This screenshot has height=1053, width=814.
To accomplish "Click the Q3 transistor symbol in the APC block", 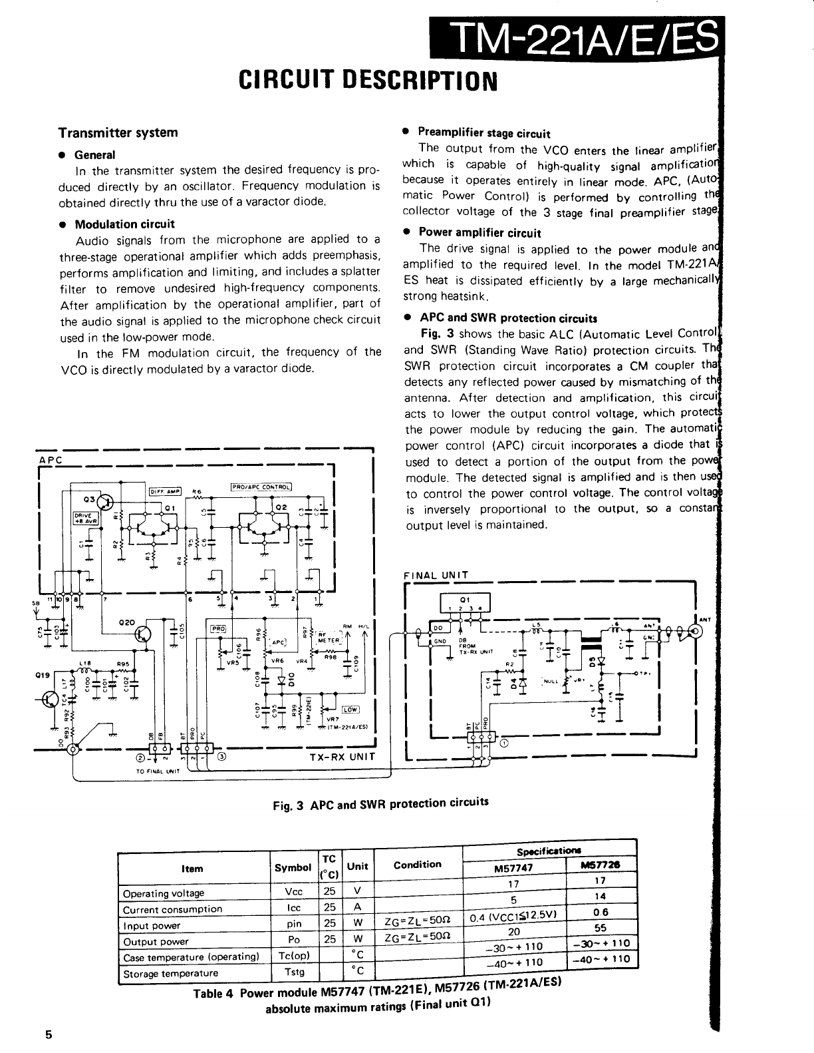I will click(x=104, y=501).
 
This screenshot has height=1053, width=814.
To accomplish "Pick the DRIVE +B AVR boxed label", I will click(x=86, y=517).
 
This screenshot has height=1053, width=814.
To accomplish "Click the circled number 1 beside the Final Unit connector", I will click(x=504, y=743).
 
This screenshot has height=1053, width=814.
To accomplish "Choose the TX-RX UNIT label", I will click(x=342, y=757).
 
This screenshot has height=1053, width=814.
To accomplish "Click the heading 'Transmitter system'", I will click(x=118, y=132).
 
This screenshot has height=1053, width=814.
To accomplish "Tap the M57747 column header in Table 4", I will click(x=513, y=868).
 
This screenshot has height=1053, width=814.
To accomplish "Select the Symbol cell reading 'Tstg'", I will click(x=294, y=972).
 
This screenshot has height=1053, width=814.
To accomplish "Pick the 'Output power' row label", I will click(x=156, y=941).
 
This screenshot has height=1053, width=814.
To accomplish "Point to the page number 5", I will click(x=48, y=1034).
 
